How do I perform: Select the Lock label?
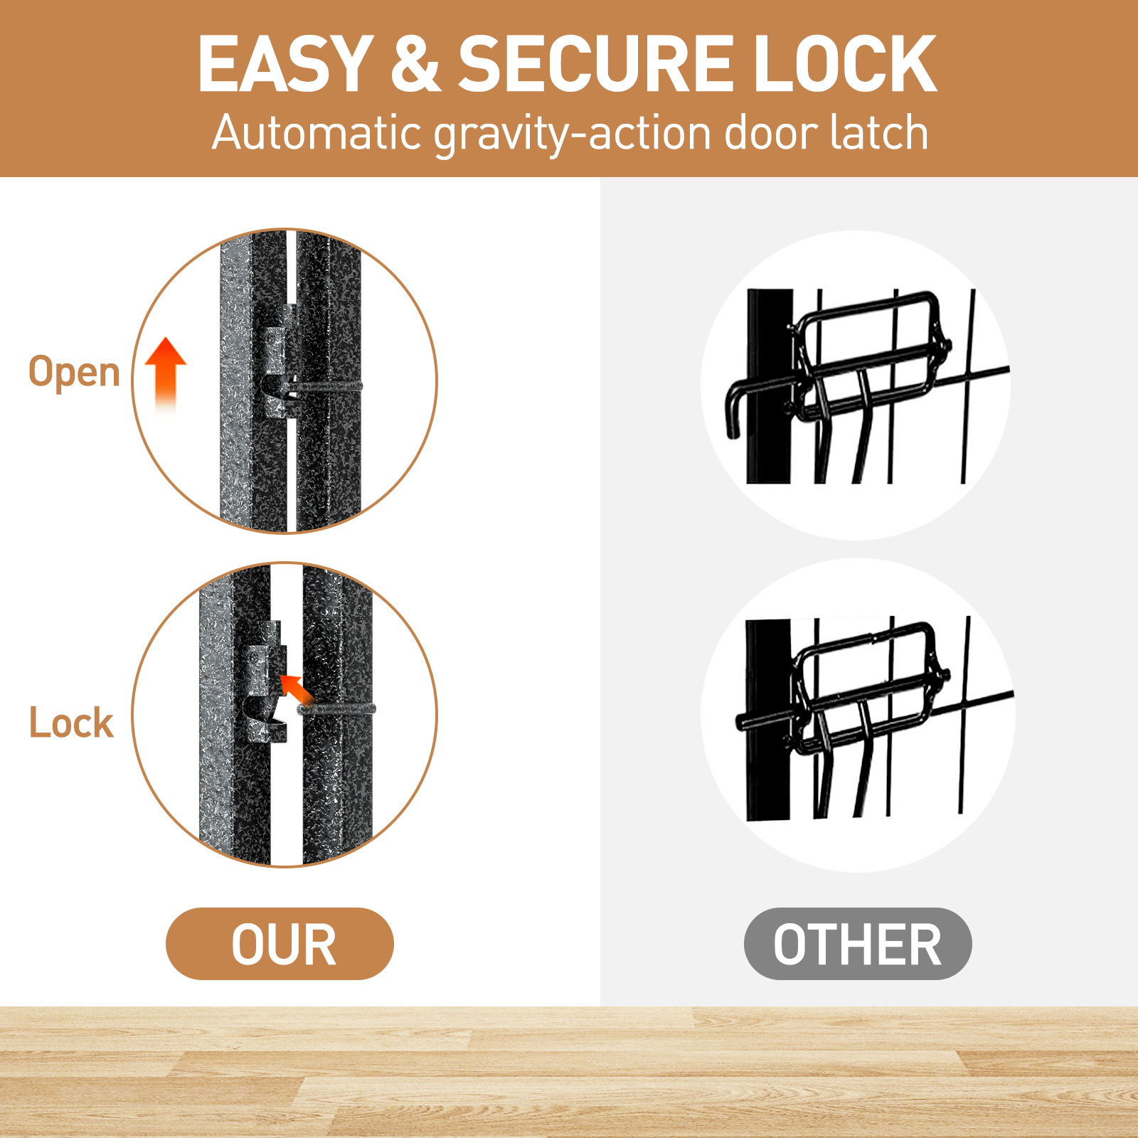[71, 723]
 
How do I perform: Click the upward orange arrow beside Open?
[165, 374]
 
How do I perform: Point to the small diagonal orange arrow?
[295, 688]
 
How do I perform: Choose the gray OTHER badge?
[858, 944]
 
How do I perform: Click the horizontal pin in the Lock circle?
[336, 708]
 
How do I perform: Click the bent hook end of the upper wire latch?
[733, 413]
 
